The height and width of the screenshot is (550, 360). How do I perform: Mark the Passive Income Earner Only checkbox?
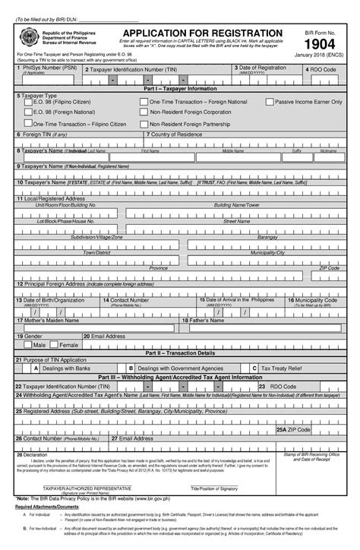(269, 102)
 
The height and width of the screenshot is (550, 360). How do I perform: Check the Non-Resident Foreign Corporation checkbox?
(144, 112)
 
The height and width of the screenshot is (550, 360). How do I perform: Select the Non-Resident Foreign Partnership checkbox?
(144, 123)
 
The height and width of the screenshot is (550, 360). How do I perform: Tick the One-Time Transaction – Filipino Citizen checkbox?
(29, 123)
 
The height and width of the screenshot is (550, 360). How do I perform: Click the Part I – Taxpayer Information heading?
(180, 89)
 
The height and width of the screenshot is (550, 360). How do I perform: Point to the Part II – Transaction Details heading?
(180, 352)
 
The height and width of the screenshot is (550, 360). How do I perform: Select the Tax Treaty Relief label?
(281, 368)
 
